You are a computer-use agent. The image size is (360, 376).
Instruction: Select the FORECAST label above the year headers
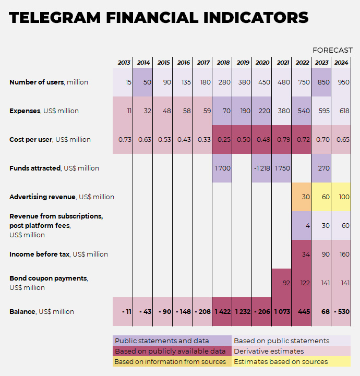332,50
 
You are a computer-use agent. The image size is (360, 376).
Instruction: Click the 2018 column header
223,63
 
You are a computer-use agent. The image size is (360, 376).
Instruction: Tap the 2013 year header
124,63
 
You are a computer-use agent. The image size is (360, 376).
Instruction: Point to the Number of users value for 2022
302,82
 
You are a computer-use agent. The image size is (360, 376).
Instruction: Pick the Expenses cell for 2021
282,111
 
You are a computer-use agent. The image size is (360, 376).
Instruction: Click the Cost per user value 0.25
223,139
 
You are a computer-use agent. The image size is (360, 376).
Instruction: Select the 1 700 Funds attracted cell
223,168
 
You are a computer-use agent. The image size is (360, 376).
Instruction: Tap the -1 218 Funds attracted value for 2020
262,168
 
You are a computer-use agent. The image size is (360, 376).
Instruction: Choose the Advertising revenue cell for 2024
341,197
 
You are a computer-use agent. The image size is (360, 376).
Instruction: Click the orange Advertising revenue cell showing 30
302,197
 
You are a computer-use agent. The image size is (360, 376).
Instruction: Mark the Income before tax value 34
302,254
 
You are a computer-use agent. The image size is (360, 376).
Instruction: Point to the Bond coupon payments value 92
282,283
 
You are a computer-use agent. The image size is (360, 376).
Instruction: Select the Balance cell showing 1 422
223,311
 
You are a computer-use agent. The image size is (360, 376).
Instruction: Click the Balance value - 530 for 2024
341,311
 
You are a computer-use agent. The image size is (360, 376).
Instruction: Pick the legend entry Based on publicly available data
170,351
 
